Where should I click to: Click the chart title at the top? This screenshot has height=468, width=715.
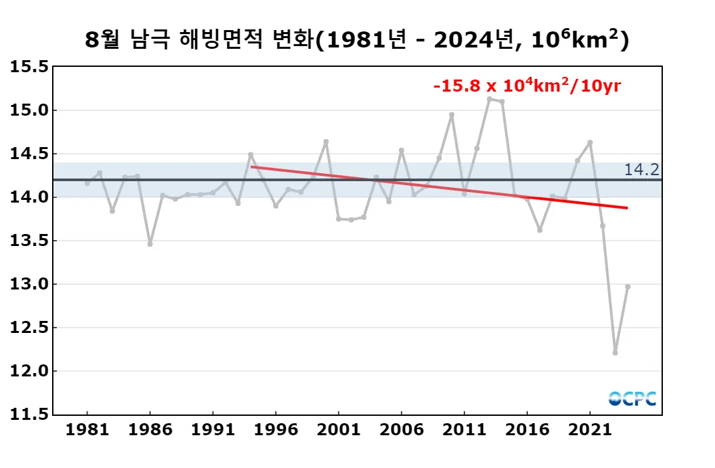[357, 40]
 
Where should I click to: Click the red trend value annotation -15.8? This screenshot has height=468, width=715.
[527, 86]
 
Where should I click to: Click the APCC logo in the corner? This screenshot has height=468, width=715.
[632, 398]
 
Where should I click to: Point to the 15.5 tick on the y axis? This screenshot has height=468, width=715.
[30, 67]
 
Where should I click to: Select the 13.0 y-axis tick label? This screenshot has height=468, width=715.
[30, 284]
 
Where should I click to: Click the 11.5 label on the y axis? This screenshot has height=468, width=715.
[30, 415]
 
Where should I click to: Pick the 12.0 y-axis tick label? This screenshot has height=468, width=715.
[30, 371]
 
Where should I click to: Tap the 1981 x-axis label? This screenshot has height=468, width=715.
[87, 429]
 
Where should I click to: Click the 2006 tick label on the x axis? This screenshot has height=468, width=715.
[401, 429]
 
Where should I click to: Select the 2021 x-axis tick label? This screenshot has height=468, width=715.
[590, 429]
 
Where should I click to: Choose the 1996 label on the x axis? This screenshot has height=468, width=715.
[275, 429]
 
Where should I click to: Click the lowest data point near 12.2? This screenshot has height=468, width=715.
[615, 352]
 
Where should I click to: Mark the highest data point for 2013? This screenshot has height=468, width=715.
[489, 99]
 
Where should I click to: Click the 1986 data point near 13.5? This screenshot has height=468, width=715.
[150, 244]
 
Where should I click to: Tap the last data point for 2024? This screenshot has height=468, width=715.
[627, 287]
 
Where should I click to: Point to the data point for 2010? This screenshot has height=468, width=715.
[452, 114]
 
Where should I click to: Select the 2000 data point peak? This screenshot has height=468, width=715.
[326, 142]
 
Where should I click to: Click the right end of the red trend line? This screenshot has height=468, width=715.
[627, 208]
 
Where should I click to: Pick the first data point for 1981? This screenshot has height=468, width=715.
[87, 183]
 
